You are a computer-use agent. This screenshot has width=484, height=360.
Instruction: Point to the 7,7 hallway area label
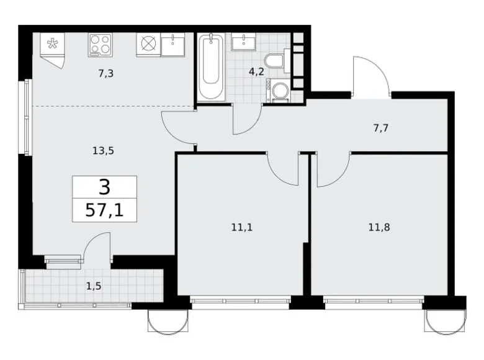(x=382, y=128)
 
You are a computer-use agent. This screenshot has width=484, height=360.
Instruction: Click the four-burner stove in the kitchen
(x=101, y=44)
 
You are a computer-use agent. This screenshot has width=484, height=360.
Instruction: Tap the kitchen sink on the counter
(x=172, y=44)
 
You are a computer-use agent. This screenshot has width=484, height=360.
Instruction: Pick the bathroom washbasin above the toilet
(x=242, y=42)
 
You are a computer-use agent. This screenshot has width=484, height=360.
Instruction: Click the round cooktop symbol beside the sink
(x=148, y=44)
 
